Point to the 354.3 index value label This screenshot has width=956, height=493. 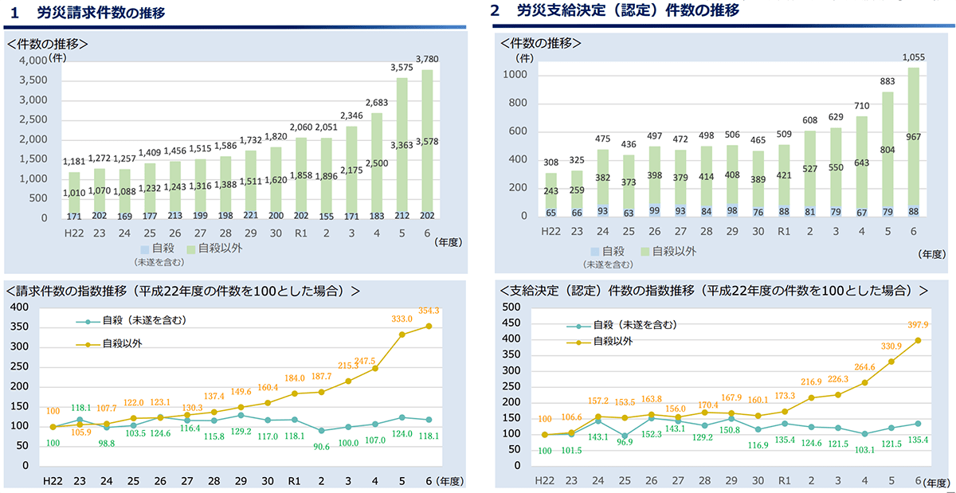(441, 310)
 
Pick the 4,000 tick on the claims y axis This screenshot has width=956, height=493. (33, 61)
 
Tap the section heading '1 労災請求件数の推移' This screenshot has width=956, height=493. (95, 12)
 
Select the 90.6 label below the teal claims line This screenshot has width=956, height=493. (322, 447)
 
